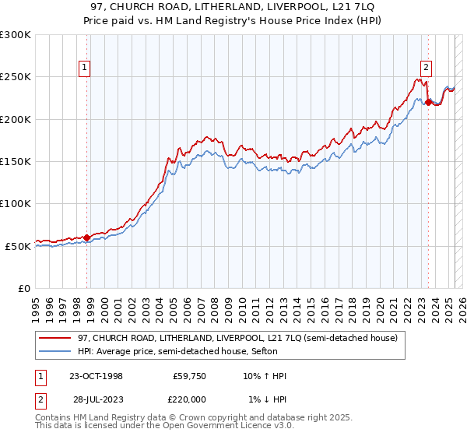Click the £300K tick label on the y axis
pos(16,35)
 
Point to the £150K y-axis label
pos(16,161)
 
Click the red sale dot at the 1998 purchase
pos(86,237)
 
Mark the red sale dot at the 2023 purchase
pos(427,101)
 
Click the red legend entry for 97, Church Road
pos(237,337)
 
